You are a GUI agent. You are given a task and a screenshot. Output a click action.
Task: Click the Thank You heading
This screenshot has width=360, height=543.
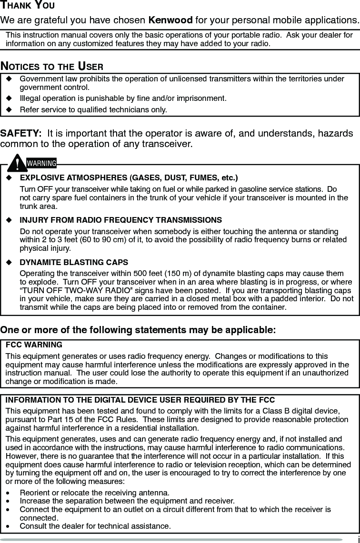27,6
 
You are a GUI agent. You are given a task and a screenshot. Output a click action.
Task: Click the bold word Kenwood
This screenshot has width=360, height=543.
170,20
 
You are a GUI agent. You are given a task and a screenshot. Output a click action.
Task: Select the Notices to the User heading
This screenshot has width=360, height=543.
52,66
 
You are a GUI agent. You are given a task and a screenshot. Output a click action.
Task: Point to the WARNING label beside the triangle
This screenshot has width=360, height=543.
41,164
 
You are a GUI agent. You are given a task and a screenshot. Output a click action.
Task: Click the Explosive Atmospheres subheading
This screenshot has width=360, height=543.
129,178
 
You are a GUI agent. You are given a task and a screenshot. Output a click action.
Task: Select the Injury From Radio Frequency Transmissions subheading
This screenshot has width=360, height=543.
120,220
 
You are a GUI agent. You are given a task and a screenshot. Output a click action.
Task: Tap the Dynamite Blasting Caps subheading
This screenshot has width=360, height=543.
74,262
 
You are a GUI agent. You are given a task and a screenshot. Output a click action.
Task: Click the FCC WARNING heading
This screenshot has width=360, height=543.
34,345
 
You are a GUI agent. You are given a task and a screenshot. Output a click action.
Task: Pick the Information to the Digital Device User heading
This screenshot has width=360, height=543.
140,400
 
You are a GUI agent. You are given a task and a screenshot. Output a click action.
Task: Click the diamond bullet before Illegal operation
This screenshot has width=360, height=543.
8,99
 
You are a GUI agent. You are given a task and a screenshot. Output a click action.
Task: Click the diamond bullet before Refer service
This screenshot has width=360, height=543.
8,110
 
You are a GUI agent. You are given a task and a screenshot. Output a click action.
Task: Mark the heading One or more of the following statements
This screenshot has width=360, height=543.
138,330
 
